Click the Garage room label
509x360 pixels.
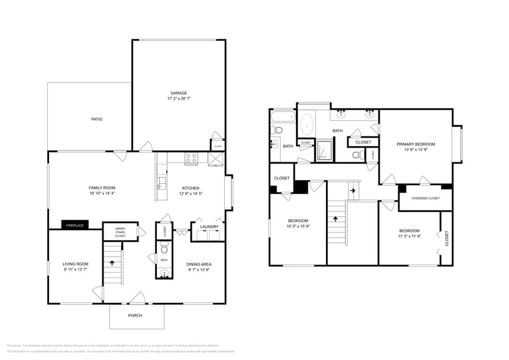(x=178, y=93)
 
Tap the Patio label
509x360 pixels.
(x=97, y=119)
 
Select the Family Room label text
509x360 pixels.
(x=102, y=187)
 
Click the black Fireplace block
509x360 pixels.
(x=75, y=225)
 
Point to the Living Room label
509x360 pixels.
(x=75, y=264)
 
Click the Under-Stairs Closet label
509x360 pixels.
(x=120, y=231)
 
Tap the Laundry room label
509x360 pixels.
(x=209, y=227)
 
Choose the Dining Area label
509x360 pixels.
(x=198, y=264)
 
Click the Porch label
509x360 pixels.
(x=135, y=315)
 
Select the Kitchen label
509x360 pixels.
(x=190, y=187)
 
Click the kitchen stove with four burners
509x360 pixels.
(x=191, y=159)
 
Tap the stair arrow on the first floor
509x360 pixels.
(x=112, y=262)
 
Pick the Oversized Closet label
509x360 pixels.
(x=425, y=198)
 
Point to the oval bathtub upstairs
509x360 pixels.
(x=306, y=124)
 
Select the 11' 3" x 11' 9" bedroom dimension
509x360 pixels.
(x=409, y=236)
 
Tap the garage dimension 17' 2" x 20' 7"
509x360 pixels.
(x=178, y=99)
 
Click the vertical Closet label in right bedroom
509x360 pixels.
(x=447, y=238)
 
